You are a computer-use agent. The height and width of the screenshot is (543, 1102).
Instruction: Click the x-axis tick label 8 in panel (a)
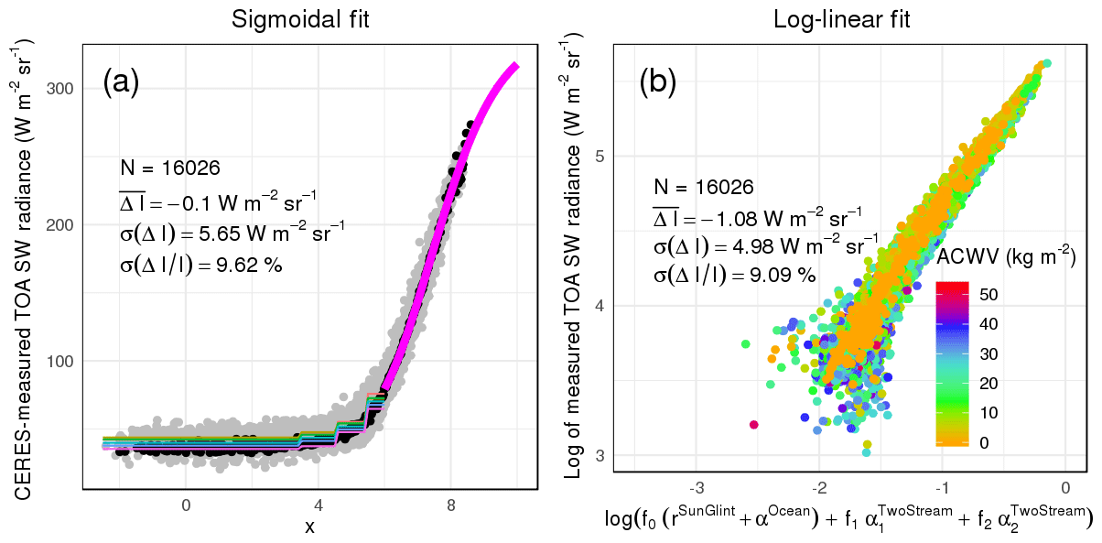pos(451,505)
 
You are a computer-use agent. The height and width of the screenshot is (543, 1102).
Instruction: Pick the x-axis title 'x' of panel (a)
pos(309,526)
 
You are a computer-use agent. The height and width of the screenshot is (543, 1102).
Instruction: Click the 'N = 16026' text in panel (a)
pos(169,168)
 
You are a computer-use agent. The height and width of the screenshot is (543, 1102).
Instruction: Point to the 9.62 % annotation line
pos(200,266)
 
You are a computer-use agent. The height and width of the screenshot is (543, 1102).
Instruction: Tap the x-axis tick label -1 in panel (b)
pos(941,485)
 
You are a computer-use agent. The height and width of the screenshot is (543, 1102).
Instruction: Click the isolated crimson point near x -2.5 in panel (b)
pos(753,424)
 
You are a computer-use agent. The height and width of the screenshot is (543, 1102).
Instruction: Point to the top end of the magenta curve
pos(516,65)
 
